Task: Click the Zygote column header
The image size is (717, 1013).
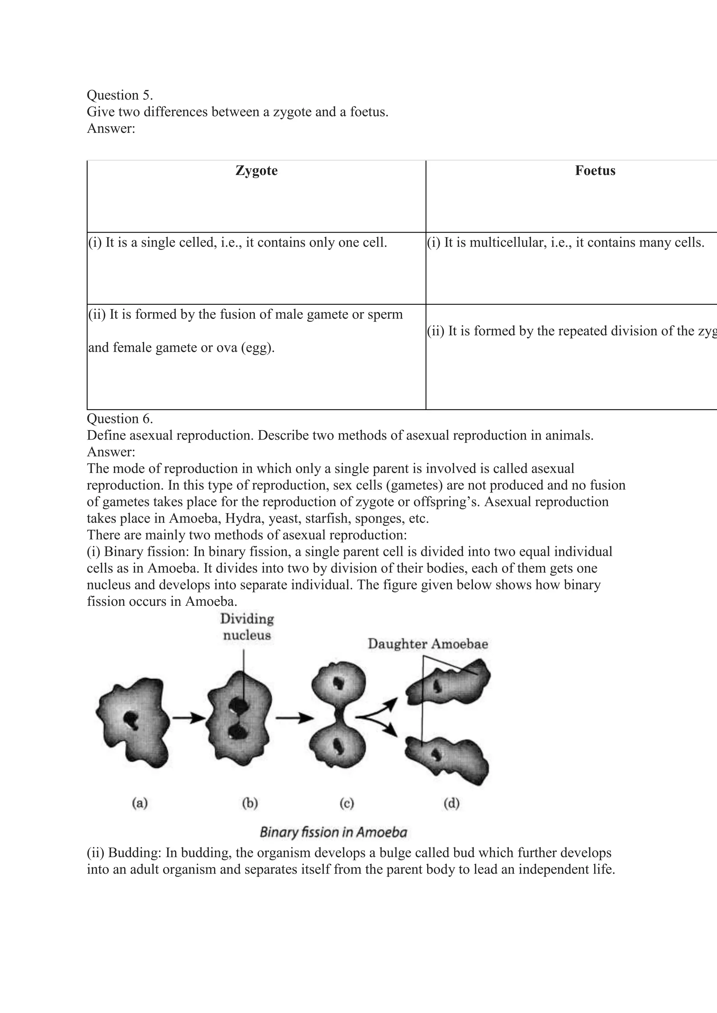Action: [x=257, y=171]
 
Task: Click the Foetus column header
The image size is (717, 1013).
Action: [x=595, y=171]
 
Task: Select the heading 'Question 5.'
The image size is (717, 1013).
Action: [x=120, y=95]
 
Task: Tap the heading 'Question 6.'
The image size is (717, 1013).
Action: [x=120, y=419]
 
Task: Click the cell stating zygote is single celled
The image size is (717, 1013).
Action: [x=237, y=243]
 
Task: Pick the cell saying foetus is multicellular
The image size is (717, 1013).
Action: [x=565, y=243]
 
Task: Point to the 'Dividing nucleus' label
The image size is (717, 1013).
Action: [x=247, y=627]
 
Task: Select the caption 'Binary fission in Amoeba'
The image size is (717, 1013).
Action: [x=333, y=832]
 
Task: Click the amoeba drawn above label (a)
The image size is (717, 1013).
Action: [x=132, y=724]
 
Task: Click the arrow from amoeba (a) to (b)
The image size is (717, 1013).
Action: [x=188, y=718]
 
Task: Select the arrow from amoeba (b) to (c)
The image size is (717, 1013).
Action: [x=294, y=718]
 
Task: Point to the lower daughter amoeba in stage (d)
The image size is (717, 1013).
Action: [x=448, y=757]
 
